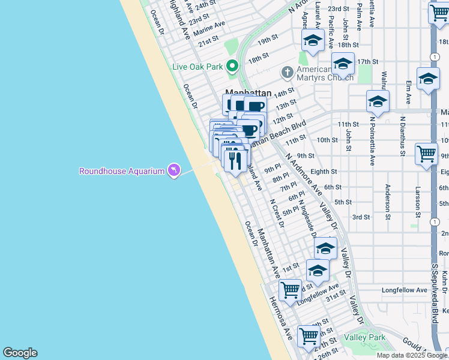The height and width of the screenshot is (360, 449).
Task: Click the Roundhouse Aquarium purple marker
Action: click(174, 171)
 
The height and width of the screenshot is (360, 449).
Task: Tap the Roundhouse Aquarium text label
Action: click(122, 172)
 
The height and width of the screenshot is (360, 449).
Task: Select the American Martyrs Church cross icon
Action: click(287, 73)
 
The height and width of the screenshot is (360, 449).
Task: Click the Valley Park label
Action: click(364, 337)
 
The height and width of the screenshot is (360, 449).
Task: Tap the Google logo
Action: click(20, 353)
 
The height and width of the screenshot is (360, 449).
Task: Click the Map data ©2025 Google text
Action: click(412, 355)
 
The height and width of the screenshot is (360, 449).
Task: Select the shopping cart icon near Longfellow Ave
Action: click(291, 290)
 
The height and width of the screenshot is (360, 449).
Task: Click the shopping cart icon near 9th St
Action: click(426, 152)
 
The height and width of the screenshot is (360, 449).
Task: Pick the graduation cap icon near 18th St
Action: click(313, 40)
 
